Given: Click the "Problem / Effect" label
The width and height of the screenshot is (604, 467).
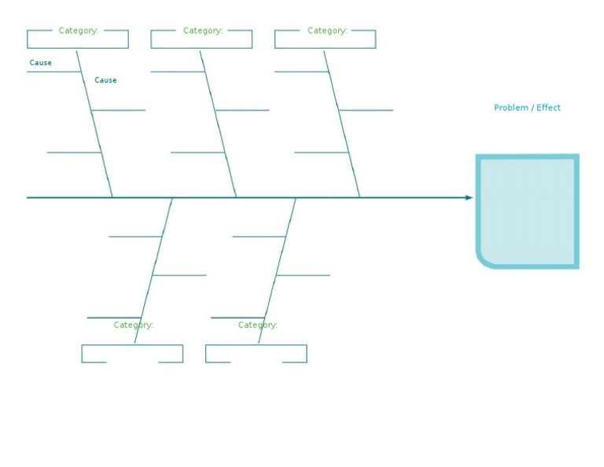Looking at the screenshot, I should click(527, 108).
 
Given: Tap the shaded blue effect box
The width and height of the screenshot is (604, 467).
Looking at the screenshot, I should click(528, 211).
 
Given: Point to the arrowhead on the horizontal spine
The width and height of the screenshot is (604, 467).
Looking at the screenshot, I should click(469, 197).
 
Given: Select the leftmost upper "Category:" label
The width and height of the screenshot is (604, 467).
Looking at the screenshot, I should click(78, 31).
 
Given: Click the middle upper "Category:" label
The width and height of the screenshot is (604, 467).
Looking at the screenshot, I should click(202, 31).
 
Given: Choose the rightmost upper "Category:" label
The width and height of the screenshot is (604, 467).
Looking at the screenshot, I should click(326, 31).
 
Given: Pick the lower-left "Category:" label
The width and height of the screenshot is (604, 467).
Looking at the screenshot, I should click(133, 325).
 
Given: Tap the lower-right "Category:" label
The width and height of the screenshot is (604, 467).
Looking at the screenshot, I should click(257, 325).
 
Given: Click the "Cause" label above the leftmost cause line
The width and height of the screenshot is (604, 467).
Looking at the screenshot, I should click(41, 63).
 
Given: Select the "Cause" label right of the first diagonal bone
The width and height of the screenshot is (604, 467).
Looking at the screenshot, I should click(105, 80).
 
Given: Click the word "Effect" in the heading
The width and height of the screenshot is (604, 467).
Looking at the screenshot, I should click(548, 108).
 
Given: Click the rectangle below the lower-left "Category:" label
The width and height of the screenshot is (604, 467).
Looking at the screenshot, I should click(132, 353).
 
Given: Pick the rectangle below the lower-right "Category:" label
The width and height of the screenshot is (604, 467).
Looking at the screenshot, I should click(256, 353).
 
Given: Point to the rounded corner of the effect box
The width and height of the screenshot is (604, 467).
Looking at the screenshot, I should click(483, 260).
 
